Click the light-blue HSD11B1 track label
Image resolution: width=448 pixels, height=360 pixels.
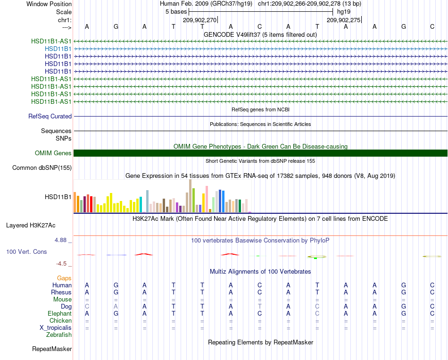point(58,49)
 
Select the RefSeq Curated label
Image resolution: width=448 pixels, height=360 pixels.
point(50,117)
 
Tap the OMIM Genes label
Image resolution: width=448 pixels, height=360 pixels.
point(53,153)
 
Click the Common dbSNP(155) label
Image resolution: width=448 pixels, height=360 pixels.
point(42,168)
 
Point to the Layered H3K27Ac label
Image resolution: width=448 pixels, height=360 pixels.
point(31,226)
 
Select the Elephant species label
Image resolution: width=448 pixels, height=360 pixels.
point(60,314)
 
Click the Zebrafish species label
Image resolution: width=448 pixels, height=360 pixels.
point(59,335)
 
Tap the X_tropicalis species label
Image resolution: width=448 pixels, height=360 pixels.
point(56,328)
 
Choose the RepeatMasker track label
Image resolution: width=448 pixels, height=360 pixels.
point(52,349)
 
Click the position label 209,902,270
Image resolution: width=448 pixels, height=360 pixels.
point(200,20)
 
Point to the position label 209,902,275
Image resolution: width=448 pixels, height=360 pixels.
point(344,20)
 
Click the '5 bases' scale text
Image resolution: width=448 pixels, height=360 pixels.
point(176,12)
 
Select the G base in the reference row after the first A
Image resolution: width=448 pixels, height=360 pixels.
point(116,26)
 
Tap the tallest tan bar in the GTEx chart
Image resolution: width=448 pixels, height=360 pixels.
point(191,196)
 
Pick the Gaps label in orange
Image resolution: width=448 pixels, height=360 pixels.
point(64,278)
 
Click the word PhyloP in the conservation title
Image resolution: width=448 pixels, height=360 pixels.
point(319,241)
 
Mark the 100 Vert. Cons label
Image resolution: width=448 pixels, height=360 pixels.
point(26,251)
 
